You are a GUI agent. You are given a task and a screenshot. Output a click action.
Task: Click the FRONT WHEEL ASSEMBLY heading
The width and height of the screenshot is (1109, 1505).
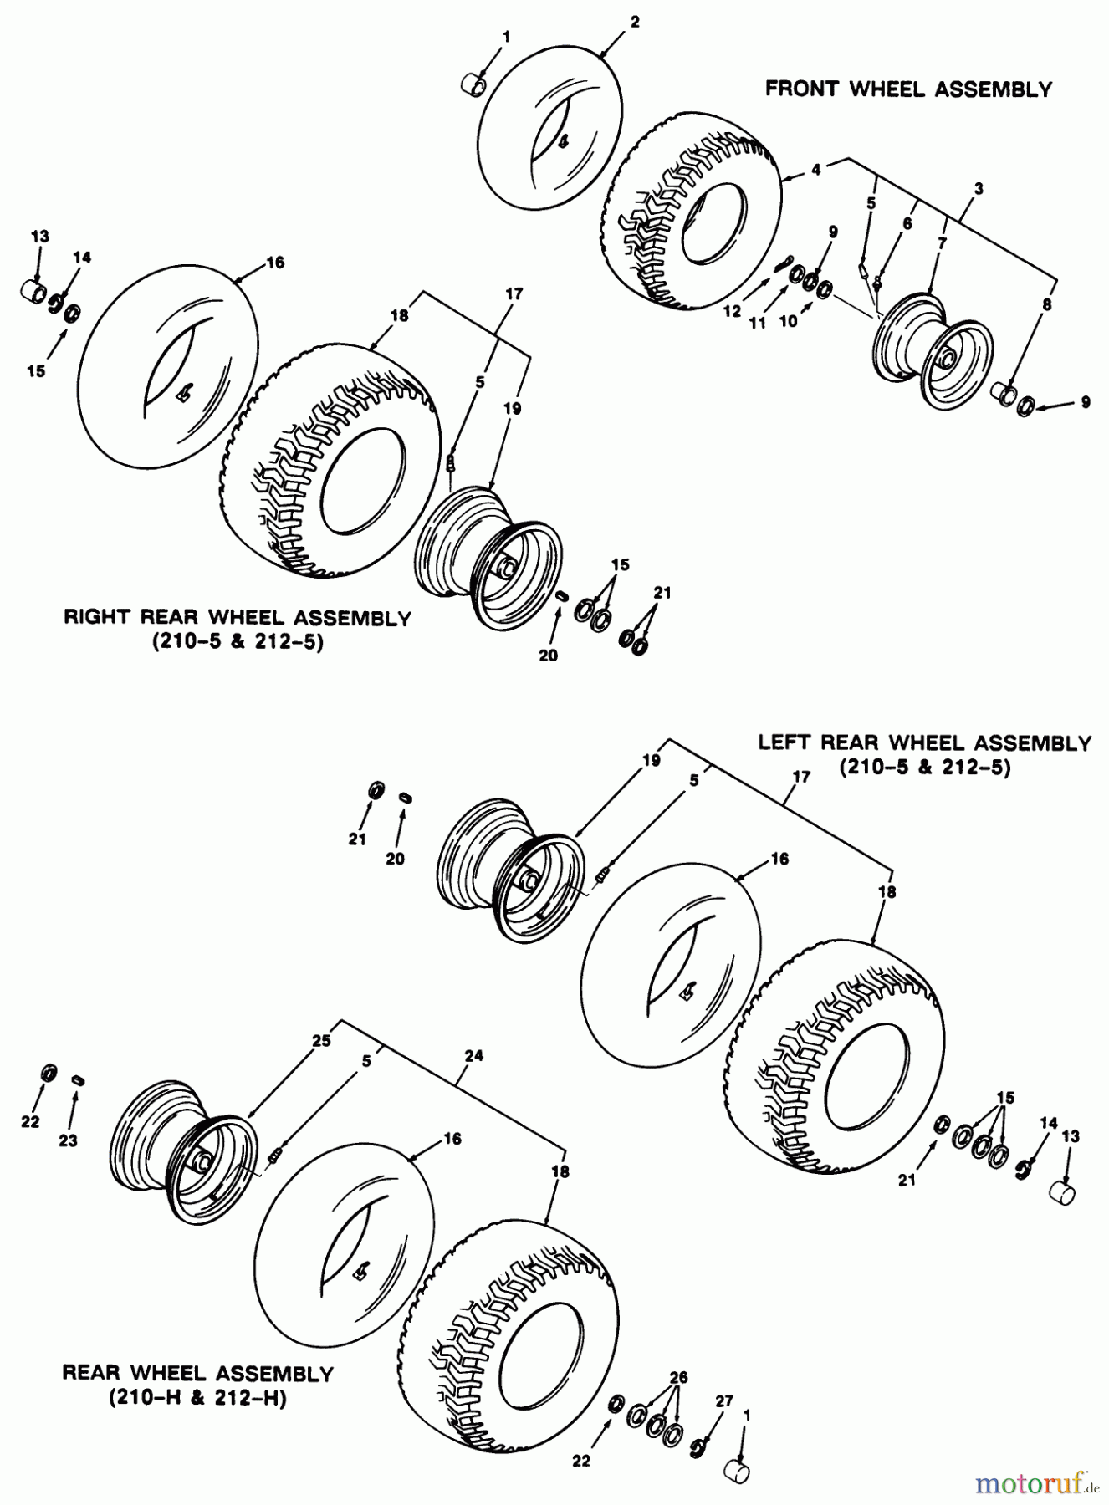point(908,89)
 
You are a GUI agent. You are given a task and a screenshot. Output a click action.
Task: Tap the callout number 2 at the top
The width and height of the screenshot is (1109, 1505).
point(635,23)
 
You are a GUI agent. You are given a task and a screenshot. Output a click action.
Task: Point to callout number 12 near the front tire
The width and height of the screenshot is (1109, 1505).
point(732,311)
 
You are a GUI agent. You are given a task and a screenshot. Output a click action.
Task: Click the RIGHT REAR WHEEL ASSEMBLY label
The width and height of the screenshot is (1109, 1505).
point(238,618)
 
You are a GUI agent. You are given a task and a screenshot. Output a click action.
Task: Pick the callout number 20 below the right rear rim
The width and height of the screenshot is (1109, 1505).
point(548,656)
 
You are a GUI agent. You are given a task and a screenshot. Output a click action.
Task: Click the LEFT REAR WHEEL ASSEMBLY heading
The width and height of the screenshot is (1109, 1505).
point(924,742)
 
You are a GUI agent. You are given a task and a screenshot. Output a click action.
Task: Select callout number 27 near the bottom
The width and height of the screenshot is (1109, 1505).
point(723,1400)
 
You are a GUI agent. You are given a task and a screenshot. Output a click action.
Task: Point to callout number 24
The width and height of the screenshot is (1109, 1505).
point(473,1056)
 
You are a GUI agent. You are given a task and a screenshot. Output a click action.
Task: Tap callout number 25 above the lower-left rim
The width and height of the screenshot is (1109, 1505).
point(321,1041)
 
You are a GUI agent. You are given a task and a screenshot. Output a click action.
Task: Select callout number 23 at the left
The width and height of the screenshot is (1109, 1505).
point(68,1140)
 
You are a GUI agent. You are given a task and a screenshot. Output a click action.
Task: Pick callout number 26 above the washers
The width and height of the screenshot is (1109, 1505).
point(679,1376)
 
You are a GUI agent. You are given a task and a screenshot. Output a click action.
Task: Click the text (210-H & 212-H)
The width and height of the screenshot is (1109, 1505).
point(197,1398)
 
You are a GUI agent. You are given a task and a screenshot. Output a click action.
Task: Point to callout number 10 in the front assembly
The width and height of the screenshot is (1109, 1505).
point(788,321)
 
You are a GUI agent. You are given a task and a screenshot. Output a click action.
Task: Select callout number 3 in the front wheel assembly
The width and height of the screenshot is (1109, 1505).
point(979,189)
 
